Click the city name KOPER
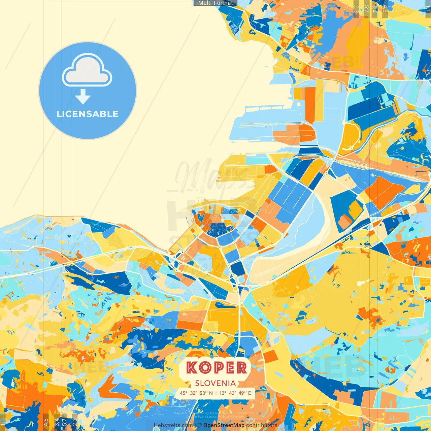tap(216, 368)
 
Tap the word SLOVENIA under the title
tap(215, 383)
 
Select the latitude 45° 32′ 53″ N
tap(196, 393)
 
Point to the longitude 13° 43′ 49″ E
tap(235, 393)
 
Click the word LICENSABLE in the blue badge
tap(88, 114)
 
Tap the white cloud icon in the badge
tap(87, 70)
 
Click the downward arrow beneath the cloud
tap(83, 97)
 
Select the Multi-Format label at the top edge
tap(215, 3)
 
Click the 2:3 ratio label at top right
tap(356, 8)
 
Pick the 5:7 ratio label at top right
tap(367, 8)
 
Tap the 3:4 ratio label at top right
tap(374, 8)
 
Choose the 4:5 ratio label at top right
tap(385, 8)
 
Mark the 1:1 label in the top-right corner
tap(428, 8)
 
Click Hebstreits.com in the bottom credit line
tap(173, 425)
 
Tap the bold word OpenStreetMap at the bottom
tap(224, 425)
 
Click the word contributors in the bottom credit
tap(262, 425)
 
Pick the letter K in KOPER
tap(192, 368)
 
